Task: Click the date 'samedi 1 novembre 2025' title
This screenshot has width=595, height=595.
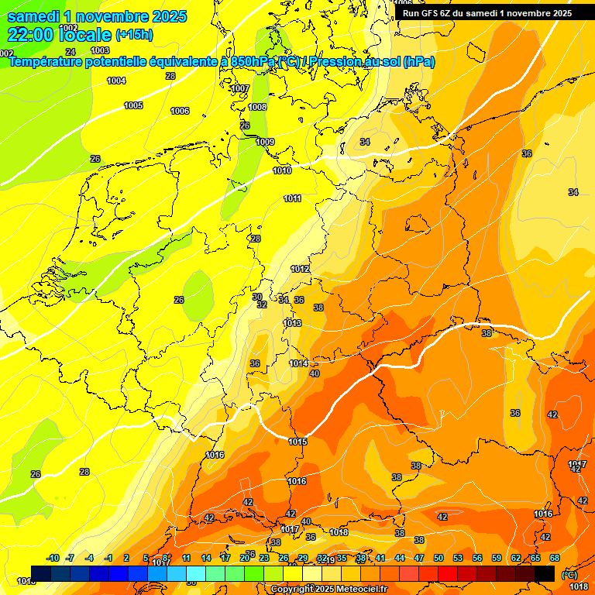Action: click(x=97, y=16)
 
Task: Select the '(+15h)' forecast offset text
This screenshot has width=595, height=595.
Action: click(x=134, y=35)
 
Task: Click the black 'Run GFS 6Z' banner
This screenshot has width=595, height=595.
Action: click(x=487, y=12)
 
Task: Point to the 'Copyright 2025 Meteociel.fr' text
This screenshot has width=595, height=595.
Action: click(x=328, y=589)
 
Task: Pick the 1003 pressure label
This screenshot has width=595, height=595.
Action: click(x=100, y=50)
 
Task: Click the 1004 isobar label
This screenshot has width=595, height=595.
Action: click(x=116, y=81)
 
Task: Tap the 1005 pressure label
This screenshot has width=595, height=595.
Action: click(x=133, y=105)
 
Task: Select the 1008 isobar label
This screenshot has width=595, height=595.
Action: click(x=257, y=107)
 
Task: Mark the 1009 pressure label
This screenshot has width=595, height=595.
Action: click(x=265, y=142)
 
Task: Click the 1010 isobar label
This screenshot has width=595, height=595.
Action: click(x=282, y=170)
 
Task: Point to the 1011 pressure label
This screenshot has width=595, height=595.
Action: click(x=292, y=199)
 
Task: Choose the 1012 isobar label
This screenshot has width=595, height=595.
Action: click(x=300, y=269)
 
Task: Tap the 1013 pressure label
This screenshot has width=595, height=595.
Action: click(x=292, y=323)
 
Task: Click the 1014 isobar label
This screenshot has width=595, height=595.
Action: click(x=298, y=363)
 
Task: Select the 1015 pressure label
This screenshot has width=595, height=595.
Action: click(x=297, y=442)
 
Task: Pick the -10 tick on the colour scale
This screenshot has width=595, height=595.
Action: click(x=53, y=558)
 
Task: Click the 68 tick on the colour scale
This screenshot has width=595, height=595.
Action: click(x=555, y=558)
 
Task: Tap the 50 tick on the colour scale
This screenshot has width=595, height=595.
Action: click(x=439, y=558)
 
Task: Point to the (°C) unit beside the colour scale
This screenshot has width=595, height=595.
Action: click(x=568, y=575)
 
